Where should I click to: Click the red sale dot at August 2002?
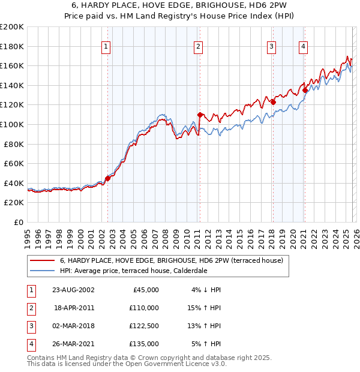click(x=108, y=178)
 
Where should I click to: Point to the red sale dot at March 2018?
click(x=273, y=102)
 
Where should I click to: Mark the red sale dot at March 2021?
click(x=305, y=90)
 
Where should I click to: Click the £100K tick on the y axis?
click(x=12, y=124)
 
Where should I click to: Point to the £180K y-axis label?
click(x=12, y=46)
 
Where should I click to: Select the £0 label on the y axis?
click(x=18, y=222)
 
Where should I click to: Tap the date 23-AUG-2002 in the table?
click(x=74, y=289)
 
